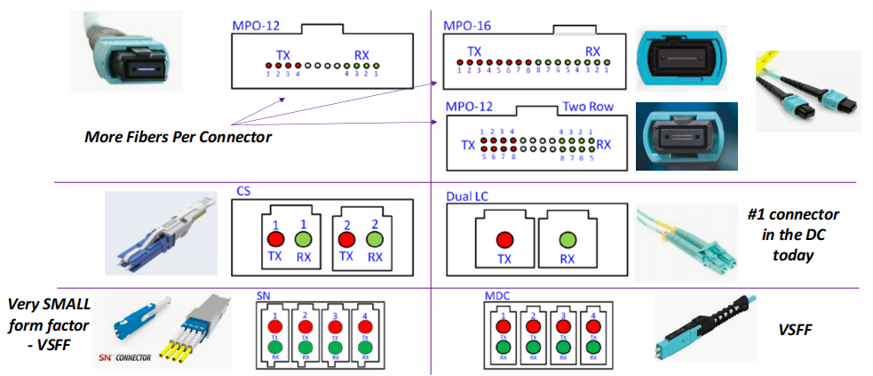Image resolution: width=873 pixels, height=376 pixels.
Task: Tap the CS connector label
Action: click(243, 191)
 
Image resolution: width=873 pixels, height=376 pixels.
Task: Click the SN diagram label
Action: click(263, 295)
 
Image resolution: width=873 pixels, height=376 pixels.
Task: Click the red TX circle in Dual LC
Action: click(505, 239)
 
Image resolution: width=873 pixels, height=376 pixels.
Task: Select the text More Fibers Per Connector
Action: click(178, 137)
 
